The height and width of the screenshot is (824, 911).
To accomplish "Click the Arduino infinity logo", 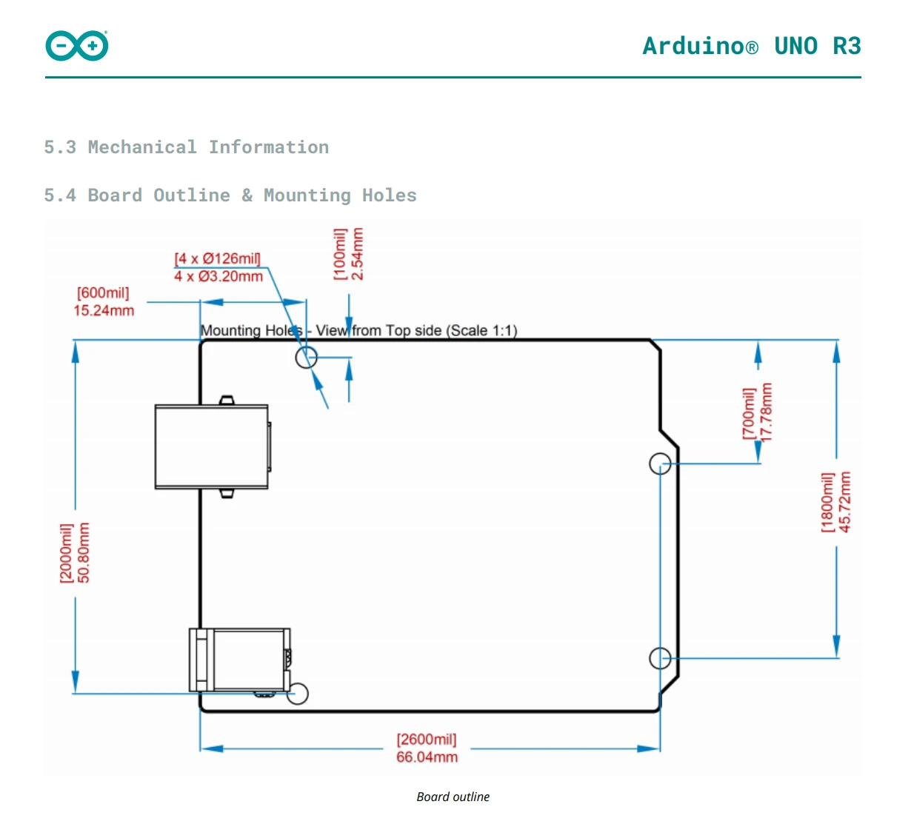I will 77,46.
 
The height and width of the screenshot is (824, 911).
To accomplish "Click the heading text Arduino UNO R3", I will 751,46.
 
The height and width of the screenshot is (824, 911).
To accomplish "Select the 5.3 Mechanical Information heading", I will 186,147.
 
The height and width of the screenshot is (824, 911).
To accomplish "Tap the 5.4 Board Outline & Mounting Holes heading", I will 230,195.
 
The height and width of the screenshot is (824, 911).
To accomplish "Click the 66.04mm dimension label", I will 427,757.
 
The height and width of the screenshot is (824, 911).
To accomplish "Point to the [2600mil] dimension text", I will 427,740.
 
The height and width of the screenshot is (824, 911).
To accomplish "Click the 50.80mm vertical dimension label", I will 84,552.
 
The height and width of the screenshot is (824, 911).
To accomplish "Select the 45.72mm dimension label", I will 845,502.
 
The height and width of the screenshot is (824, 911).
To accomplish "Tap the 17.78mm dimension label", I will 767,412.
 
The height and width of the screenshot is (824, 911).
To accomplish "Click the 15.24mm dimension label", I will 104,311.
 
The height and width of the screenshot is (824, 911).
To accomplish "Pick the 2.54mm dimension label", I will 358,254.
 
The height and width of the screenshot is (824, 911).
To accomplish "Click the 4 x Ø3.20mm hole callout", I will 218,277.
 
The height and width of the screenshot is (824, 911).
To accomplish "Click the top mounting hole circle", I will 306,358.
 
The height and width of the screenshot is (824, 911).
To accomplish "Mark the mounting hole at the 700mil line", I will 660,464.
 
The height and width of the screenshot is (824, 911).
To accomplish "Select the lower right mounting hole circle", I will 660,657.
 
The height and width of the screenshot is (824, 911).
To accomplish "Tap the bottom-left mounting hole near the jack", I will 298,694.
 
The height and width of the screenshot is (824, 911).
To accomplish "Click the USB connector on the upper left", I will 212,446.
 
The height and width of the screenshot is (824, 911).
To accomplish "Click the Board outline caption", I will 453,797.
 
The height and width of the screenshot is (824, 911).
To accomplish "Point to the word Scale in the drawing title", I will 467,331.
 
